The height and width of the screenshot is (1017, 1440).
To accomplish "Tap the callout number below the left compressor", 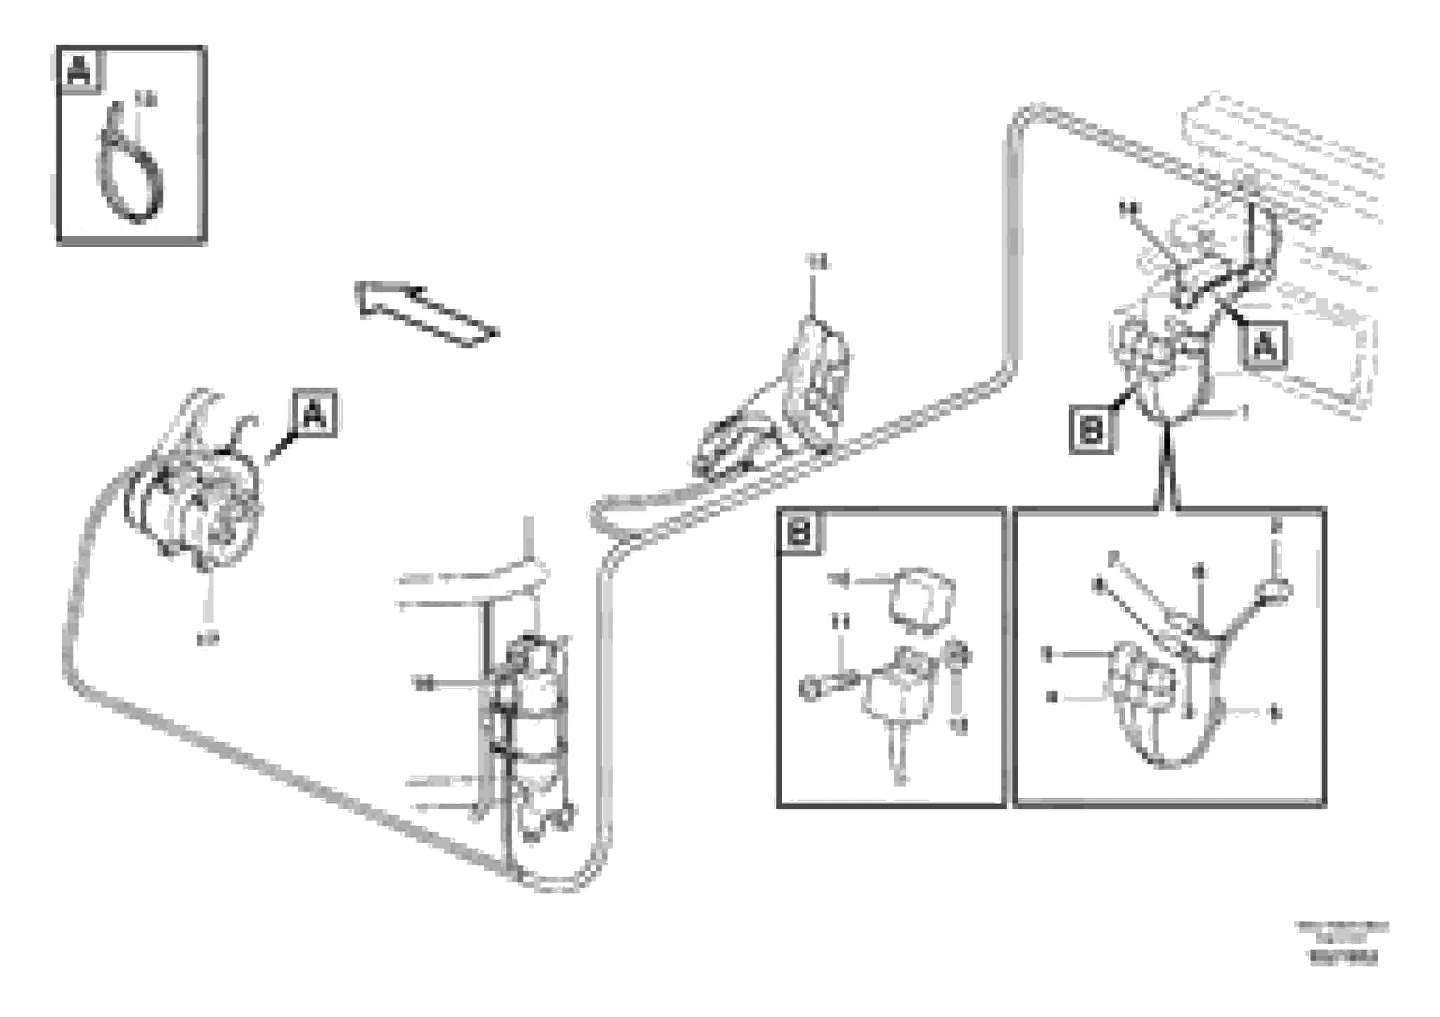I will pyautogui.click(x=207, y=640).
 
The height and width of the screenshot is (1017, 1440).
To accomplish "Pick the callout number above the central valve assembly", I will pyautogui.click(x=818, y=264).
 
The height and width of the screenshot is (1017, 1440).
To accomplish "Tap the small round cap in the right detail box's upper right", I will pyautogui.click(x=1273, y=591).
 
